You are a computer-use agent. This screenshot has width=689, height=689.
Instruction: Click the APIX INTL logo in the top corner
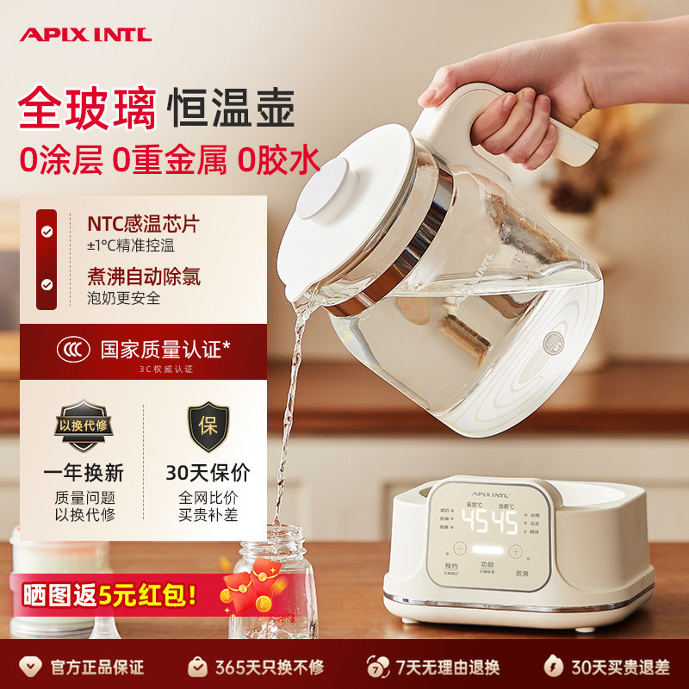click(84, 34)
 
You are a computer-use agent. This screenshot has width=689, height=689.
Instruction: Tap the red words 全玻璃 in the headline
click(87, 109)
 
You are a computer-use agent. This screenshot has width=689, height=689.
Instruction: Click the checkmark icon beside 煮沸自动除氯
click(47, 284)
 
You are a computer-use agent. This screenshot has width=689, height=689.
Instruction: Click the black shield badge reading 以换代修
click(83, 426)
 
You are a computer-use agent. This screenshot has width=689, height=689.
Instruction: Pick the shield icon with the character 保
click(207, 426)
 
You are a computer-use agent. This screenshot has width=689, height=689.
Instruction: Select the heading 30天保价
click(208, 472)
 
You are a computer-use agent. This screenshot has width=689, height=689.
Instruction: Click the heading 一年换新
click(84, 472)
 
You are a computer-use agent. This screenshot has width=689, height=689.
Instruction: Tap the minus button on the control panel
click(459, 549)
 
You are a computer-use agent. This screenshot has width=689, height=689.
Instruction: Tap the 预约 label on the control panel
click(451, 566)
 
